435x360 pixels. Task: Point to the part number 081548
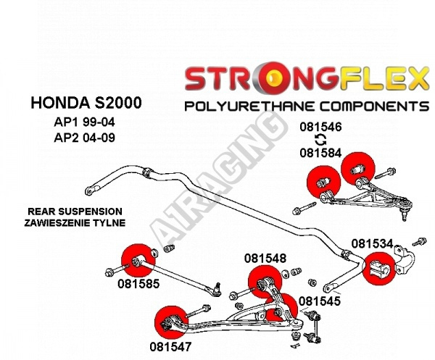(265, 257)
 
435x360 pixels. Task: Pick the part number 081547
(170, 346)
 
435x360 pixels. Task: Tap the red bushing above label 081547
(170, 321)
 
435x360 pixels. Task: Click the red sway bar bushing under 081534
(377, 270)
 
